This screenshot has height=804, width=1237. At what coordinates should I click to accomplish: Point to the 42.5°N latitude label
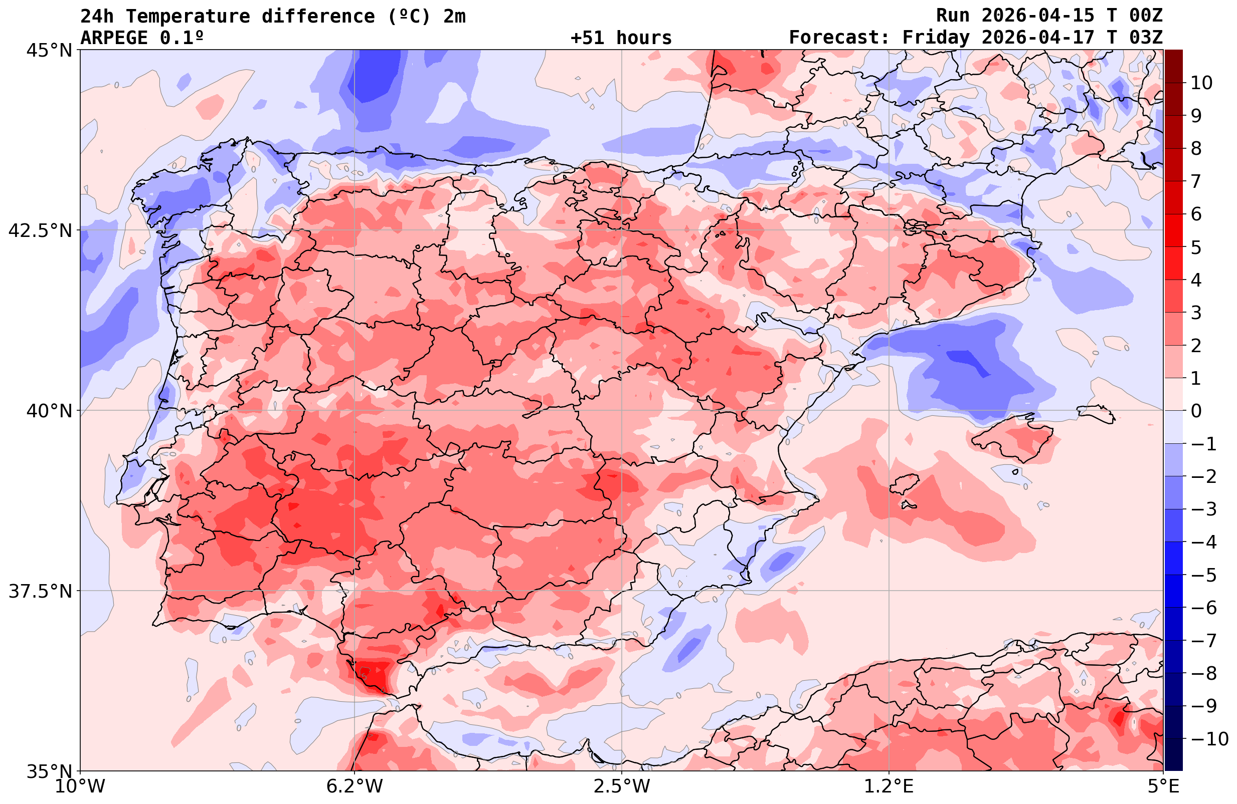coord(40,230)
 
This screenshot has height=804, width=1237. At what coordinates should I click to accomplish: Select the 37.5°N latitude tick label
coord(40,591)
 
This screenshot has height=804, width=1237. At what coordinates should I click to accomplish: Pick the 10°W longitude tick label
coord(80,786)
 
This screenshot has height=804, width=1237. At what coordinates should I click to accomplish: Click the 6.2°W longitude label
coord(355,786)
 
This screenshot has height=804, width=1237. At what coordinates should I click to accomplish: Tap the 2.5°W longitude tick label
coord(622,786)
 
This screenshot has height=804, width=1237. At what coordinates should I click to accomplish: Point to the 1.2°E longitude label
coord(889,786)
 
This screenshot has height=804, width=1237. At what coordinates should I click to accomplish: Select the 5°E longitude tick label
coord(1163,786)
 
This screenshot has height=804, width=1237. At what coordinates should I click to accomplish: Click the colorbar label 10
coord(1201,83)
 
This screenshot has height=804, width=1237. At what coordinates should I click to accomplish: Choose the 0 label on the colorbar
coord(1196,411)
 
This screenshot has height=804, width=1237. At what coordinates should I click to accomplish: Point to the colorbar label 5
coord(1196,247)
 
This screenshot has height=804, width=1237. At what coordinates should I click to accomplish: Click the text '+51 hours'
coord(621,38)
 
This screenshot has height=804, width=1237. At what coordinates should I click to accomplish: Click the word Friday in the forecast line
coord(936,38)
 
